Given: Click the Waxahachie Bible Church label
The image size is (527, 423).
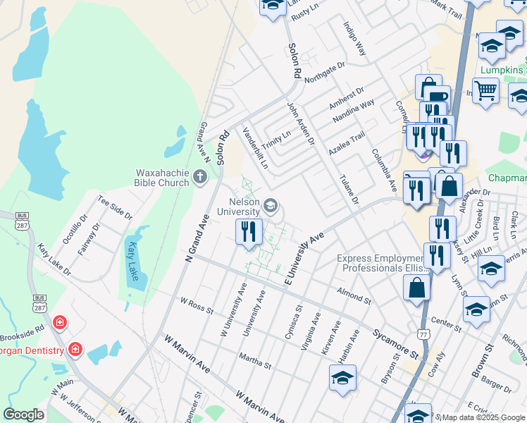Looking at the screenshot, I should [162, 178].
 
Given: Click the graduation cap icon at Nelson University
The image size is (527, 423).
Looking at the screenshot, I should [270, 207].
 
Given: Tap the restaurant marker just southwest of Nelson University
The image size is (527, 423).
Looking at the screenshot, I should [248, 232].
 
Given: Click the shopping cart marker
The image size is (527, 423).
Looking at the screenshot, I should [485, 90].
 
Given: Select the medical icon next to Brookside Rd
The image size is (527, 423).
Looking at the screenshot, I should [61, 324].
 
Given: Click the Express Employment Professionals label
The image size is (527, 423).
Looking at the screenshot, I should [383, 264].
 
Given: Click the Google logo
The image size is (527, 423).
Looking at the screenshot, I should [23, 415].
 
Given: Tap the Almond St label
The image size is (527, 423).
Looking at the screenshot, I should [354, 295].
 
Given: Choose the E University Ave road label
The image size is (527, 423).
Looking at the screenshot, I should [306, 259].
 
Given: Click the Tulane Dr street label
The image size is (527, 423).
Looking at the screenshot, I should [349, 191].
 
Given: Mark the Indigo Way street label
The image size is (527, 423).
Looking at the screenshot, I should [354, 39].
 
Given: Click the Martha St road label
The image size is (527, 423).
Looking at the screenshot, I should [255, 360].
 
